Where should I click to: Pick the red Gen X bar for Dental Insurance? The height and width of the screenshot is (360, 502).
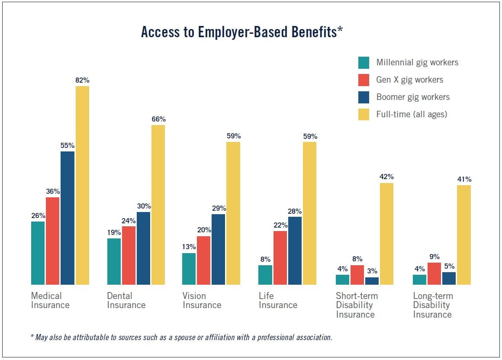tap(129, 255)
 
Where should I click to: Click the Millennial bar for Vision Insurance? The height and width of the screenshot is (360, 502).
tap(189, 269)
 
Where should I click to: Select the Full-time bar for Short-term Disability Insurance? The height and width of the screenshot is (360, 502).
tap(386, 234)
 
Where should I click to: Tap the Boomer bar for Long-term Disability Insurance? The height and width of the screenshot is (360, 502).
tap(449, 278)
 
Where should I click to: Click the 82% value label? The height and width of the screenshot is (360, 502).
tap(82, 80)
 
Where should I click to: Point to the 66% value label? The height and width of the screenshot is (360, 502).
tap(158, 119)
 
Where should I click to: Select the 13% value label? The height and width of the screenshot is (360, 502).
tap(189, 247)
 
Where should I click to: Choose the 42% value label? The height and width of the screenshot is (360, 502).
tap(386, 177)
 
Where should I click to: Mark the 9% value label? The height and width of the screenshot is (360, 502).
tap(434, 257)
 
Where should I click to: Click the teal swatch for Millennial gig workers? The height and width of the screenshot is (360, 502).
tap(364, 63)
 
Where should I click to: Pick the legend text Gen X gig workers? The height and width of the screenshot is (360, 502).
tap(409, 80)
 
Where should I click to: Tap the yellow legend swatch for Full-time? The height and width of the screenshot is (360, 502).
tap(364, 114)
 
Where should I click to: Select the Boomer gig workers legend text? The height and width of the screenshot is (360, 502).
tap(413, 97)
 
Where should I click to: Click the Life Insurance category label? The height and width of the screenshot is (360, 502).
tap(278, 300)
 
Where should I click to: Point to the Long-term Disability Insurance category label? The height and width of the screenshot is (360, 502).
tap(433, 305)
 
